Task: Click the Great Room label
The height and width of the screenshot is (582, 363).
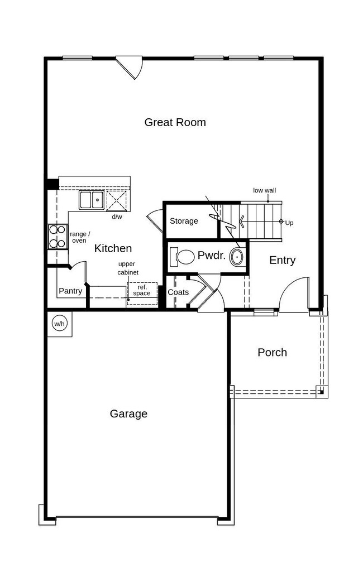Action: coord(175,122)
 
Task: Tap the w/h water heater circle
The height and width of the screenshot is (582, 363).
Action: coord(59,324)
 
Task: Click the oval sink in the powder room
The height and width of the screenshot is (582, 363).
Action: coord(237,257)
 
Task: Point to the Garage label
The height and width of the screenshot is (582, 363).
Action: coord(128,413)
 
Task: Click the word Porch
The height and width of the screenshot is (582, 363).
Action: coord(272,352)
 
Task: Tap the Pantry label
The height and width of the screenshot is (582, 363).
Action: coord(70,291)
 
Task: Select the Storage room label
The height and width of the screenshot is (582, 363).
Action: coord(184,221)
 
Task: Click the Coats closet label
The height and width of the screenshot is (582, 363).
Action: coord(178,292)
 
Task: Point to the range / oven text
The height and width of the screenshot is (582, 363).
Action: coord(79,237)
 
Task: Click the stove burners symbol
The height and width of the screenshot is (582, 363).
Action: coord(57,237)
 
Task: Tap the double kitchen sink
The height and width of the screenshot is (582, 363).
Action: coord(92,200)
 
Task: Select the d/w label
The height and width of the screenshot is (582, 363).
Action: coord(117,217)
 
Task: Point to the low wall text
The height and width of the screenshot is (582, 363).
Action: coord(264,190)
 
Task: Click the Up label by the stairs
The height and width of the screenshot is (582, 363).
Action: coord(289,223)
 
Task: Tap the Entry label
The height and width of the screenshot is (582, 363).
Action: coord(282,260)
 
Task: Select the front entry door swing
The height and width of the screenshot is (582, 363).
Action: coord(293,292)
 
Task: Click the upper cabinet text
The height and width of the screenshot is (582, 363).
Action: coord(128,268)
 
